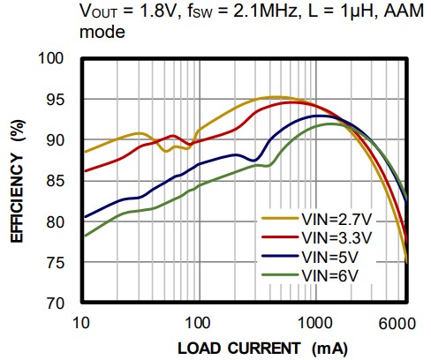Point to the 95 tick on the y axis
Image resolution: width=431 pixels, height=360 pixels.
pos(66,100)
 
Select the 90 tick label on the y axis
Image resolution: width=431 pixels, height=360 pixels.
pos(66,140)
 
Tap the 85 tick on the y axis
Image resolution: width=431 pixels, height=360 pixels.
pos(66,181)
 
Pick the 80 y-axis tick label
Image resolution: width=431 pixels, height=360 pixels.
pos(66,221)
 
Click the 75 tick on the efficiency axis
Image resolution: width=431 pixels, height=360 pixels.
pos(66,262)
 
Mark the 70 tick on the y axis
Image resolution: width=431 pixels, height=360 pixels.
pos(66,303)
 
